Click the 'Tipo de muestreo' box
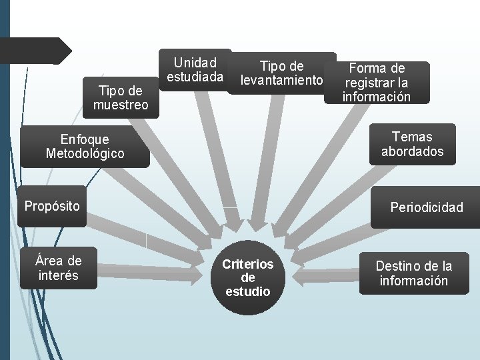[121, 98]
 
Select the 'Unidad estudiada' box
[195, 70]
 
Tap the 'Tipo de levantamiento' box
[282, 73]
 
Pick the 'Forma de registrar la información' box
[377, 83]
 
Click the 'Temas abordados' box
[412, 144]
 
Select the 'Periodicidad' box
[427, 207]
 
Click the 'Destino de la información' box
[413, 273]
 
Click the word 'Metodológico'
[85, 153]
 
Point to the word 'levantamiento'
[282, 81]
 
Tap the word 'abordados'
[412, 151]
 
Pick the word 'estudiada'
[195, 77]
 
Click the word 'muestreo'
[121, 105]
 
